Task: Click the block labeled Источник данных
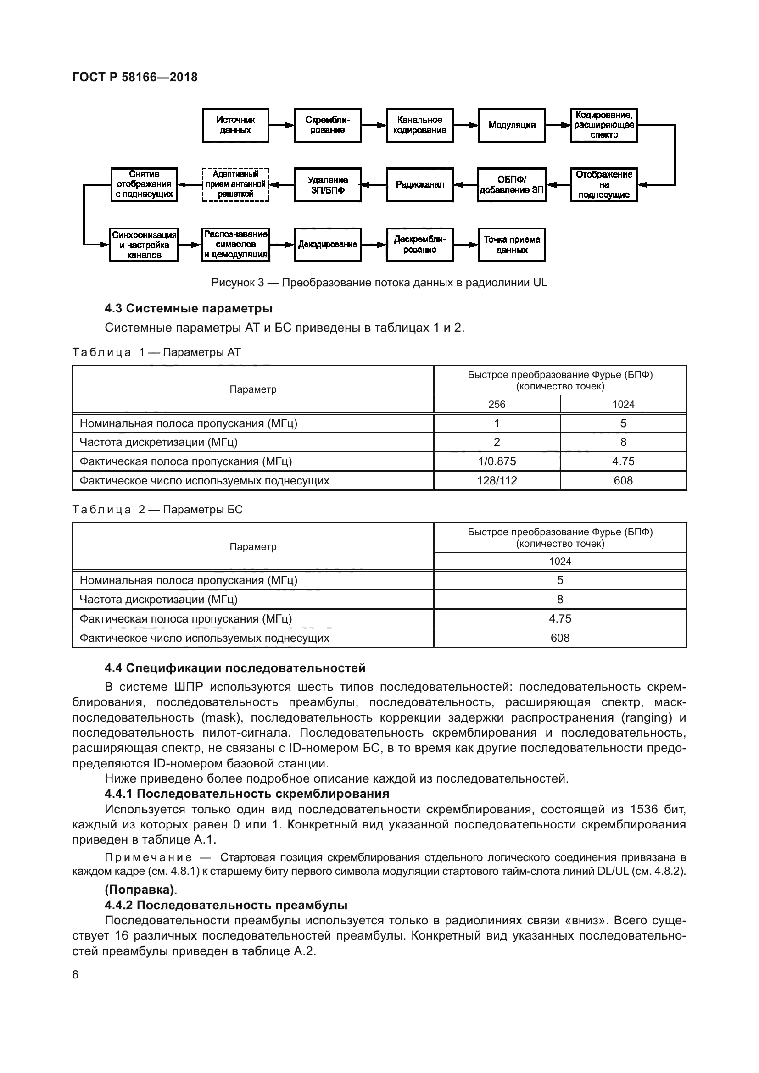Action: click(x=235, y=125)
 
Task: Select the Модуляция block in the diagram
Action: click(x=511, y=125)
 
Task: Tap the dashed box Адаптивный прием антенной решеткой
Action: click(x=235, y=184)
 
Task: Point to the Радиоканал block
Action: click(x=419, y=184)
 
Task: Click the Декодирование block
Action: click(x=327, y=245)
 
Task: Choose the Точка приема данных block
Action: click(x=511, y=245)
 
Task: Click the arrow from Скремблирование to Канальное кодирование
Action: click(x=374, y=125)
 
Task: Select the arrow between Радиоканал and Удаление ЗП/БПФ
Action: click(x=374, y=184)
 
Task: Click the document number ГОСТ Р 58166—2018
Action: click(x=135, y=77)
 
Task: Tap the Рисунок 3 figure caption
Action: click(x=379, y=283)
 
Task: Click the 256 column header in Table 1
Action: click(x=497, y=404)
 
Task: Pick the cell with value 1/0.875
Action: click(x=497, y=461)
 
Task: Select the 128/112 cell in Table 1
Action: click(x=497, y=480)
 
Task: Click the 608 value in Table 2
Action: click(x=559, y=638)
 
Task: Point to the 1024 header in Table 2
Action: click(x=559, y=561)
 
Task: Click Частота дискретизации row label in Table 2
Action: click(x=158, y=600)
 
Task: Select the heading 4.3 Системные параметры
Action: click(x=188, y=308)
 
